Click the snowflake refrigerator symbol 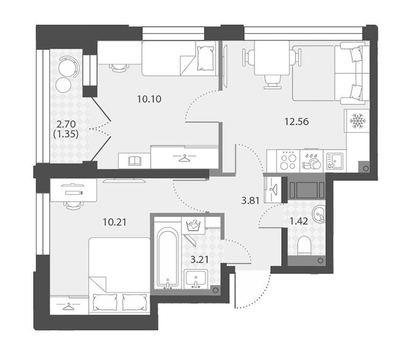coord(358,121)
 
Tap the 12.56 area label coord(296,121)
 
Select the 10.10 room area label coord(149,99)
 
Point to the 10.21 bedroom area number coord(115,222)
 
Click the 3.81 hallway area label coord(250,201)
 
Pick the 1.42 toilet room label coord(299,221)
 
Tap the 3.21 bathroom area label coord(199,259)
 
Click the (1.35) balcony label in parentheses coord(66,134)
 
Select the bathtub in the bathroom coord(168,258)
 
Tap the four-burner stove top coord(288,161)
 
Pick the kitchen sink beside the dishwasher coord(335,161)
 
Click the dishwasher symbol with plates coord(311,161)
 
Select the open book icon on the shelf coord(135,161)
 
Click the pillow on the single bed coord(205,58)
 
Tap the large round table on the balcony coord(67,68)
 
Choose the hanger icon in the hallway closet coord(274,189)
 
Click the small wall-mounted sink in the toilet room coord(318,214)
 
